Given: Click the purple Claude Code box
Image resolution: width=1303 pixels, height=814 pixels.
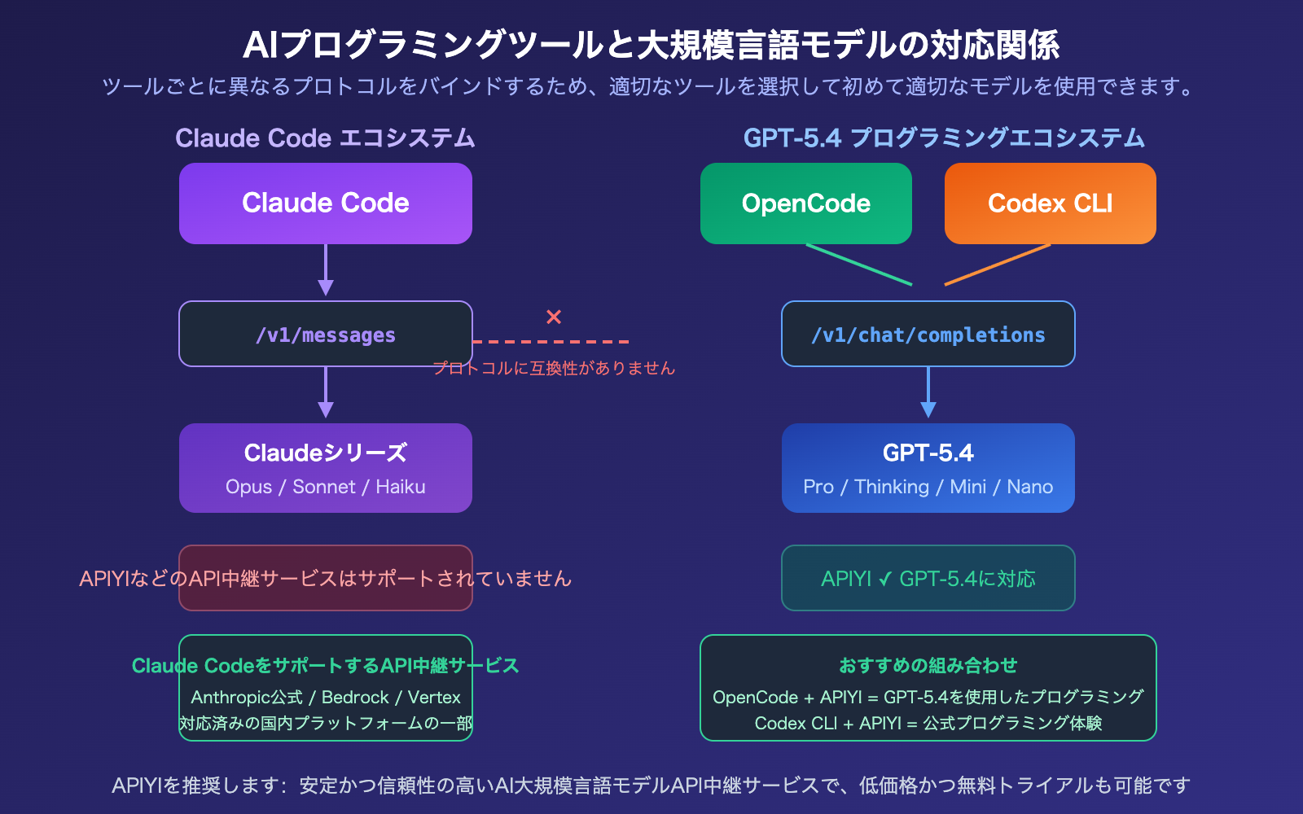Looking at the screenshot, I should tap(326, 203).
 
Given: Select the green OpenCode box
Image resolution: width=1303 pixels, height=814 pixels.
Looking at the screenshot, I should tap(806, 203).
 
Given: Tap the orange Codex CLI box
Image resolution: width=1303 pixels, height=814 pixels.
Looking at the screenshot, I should tap(1051, 203).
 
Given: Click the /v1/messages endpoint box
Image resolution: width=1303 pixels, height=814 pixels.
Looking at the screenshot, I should tap(326, 335).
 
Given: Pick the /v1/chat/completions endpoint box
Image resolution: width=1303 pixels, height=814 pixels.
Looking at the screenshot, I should tap(928, 335).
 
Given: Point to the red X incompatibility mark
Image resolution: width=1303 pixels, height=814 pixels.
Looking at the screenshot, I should tap(554, 317).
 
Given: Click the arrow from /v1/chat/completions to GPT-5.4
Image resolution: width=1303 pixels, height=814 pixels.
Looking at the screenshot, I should tap(928, 393).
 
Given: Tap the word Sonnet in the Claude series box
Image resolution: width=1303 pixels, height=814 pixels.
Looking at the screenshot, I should tap(324, 487).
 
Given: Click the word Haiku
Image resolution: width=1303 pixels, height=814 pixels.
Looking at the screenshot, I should tap(401, 487).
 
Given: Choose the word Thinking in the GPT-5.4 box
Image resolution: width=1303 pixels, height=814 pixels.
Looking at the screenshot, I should tap(892, 487).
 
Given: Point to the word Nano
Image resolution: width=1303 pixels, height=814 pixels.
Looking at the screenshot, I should tap(1030, 487).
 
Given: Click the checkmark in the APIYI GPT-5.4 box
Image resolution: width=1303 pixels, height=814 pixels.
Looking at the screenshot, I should tap(885, 580).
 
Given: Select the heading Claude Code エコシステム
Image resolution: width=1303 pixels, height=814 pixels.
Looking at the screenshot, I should tap(325, 138).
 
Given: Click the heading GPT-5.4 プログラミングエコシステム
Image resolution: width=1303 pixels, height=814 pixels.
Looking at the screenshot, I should tap(944, 138).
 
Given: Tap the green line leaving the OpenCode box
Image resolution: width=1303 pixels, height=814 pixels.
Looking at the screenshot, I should tap(859, 265).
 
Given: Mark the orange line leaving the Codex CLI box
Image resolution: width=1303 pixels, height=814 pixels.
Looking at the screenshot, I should tap(998, 265).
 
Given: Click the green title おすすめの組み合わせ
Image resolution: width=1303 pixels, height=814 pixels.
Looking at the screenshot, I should tap(928, 665).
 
